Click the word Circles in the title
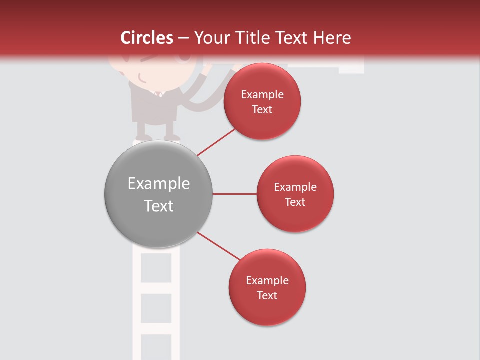click(146, 38)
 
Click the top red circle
click(262, 122)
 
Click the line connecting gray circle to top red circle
click(217, 142)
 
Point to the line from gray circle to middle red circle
click(234, 194)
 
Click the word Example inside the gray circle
click(159, 184)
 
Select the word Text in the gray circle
click(159, 206)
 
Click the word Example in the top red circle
click(262, 95)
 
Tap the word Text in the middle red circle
click(295, 202)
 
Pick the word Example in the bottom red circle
click(267, 281)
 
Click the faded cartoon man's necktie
click(159, 94)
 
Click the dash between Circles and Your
click(183, 38)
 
